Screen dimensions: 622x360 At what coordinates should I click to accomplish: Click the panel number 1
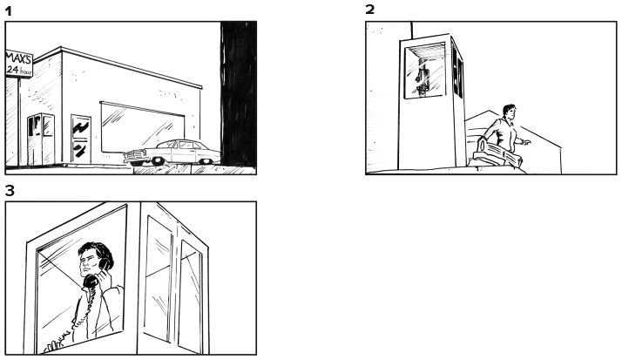point(9,11)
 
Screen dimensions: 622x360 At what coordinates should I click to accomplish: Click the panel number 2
point(369,10)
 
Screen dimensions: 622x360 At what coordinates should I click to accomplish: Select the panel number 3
point(10,191)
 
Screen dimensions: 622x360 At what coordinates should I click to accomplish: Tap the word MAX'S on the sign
point(18,59)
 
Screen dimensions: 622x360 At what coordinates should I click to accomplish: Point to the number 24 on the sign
point(12,71)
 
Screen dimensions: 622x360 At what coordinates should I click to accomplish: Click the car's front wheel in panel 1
point(158,161)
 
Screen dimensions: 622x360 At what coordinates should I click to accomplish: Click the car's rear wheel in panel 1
point(205,161)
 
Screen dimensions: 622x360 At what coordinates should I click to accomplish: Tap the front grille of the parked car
point(133,155)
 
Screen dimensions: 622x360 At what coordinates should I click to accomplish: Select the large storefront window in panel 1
point(142,128)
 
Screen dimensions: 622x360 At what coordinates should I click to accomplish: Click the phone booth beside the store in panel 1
point(40,139)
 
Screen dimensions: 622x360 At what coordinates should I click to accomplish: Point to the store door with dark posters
point(80,139)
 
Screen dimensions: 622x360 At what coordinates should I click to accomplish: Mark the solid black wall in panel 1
point(239,93)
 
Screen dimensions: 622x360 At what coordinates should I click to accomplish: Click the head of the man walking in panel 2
point(509,112)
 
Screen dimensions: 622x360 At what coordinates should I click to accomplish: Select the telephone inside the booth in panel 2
point(423,81)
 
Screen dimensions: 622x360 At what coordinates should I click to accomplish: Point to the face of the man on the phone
point(88,262)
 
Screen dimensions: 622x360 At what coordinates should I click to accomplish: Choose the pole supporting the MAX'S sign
point(18,122)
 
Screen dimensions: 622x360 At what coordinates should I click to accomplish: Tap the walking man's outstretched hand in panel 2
point(527,142)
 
